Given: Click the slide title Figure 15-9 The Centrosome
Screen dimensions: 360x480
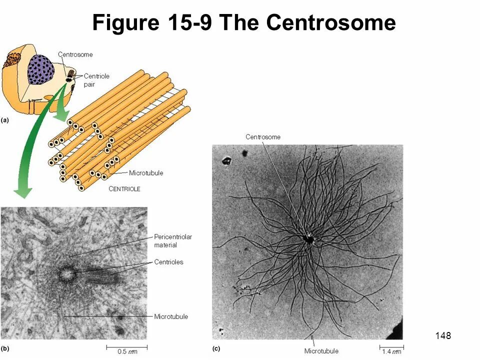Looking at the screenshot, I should [244, 22].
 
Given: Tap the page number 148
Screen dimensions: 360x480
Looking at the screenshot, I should [443, 335].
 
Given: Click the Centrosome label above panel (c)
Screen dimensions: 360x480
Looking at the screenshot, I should [262, 137].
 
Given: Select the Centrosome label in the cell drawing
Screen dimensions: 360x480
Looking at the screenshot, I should [75, 54].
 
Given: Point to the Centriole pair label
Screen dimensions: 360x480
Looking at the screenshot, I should [96, 80].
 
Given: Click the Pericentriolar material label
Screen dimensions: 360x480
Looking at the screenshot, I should [173, 240].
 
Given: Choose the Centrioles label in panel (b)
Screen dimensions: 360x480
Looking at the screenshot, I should [168, 262].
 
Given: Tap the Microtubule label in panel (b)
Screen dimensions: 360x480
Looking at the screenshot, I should [171, 316].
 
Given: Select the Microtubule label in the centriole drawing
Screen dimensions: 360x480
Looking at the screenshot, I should [146, 173].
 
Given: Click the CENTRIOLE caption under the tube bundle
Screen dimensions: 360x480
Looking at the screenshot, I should [124, 189].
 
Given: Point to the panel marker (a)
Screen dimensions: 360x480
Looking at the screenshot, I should [5, 120].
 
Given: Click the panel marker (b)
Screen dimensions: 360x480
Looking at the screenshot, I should [5, 347].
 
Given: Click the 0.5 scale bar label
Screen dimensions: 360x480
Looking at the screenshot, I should [128, 351].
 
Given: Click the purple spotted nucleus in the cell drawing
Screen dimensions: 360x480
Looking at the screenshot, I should [41, 69].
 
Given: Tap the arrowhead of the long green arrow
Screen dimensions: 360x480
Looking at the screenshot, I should [22, 192].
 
